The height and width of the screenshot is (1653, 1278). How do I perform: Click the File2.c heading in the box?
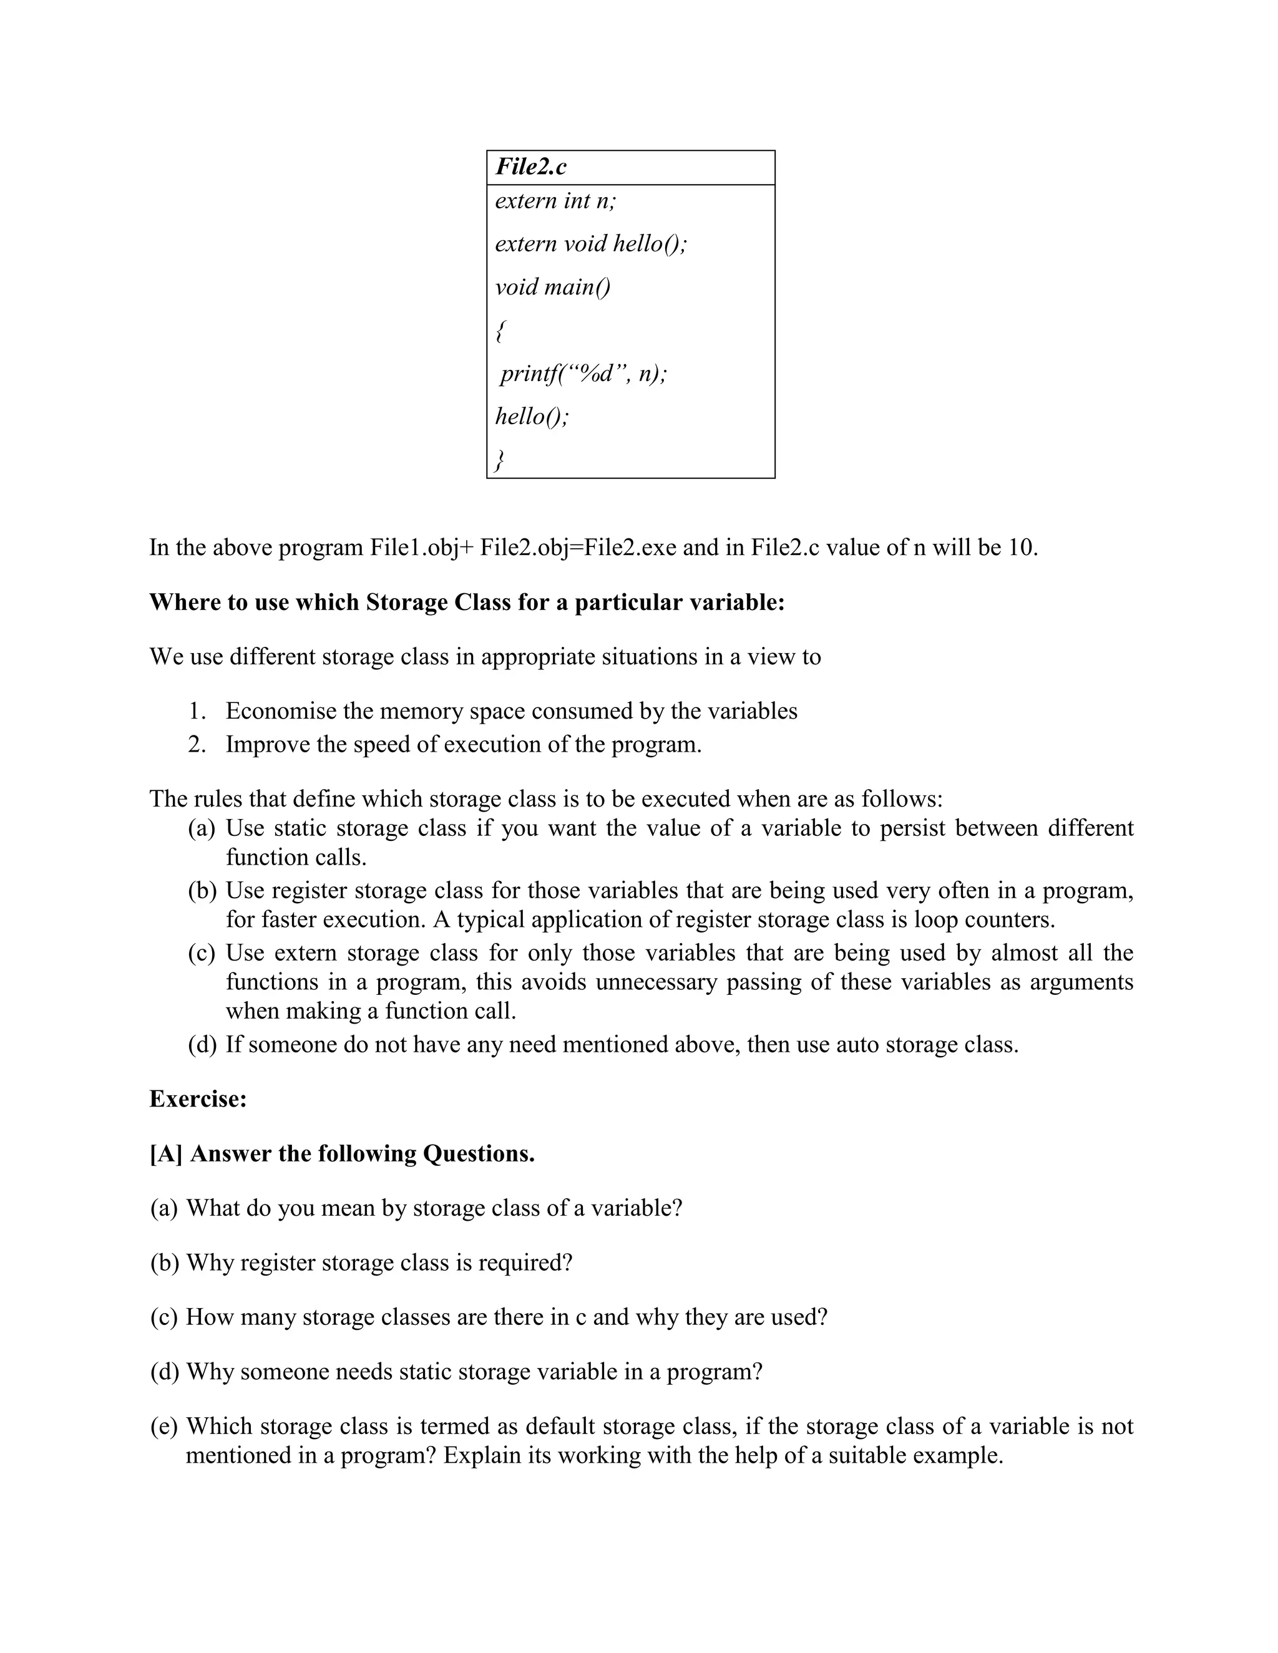(531, 167)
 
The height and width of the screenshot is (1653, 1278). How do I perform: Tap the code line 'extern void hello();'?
(590, 244)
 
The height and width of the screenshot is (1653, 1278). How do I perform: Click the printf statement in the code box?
(583, 374)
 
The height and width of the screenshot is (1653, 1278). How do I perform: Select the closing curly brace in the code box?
(499, 460)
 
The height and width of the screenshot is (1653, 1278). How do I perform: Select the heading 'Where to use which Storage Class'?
(466, 602)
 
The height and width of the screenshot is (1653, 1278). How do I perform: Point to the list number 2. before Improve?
(197, 744)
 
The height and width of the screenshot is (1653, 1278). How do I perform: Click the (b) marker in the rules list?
(202, 890)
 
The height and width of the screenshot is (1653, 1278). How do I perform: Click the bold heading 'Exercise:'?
(198, 1099)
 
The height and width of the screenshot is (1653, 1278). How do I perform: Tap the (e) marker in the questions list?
(164, 1426)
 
